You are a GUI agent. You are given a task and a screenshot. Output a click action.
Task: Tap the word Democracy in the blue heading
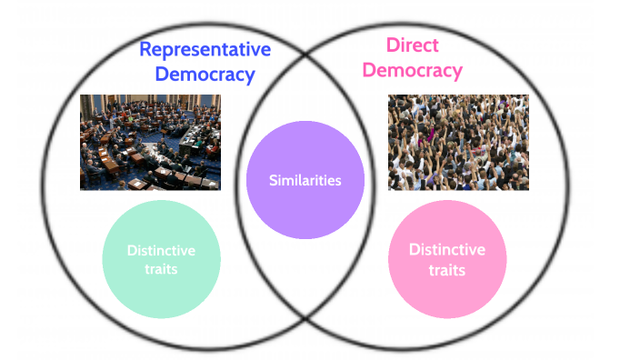(x=205, y=75)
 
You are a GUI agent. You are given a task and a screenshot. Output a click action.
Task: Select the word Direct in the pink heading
(x=413, y=45)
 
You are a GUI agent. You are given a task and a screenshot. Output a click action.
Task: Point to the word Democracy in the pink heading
(x=413, y=70)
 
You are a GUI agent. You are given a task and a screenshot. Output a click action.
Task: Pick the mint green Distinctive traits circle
(x=161, y=259)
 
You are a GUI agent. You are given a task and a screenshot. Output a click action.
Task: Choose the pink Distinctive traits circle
(x=446, y=259)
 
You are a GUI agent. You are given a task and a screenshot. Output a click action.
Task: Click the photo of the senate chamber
(x=150, y=142)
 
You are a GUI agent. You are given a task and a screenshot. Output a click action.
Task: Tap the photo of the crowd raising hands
(x=458, y=142)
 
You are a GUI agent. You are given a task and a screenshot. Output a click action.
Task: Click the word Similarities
(x=305, y=180)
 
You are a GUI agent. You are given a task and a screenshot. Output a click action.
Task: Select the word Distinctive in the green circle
(x=161, y=251)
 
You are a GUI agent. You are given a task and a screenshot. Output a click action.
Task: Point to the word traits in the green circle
(x=161, y=269)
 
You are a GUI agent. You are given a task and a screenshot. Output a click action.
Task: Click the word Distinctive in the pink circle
(x=446, y=249)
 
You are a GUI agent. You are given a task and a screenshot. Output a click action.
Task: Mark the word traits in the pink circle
(x=446, y=270)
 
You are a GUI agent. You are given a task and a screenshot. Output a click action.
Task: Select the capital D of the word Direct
(x=393, y=45)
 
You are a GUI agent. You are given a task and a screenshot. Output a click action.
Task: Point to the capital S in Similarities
(x=274, y=180)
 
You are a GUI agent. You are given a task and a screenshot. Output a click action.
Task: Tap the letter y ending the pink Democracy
(x=456, y=72)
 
